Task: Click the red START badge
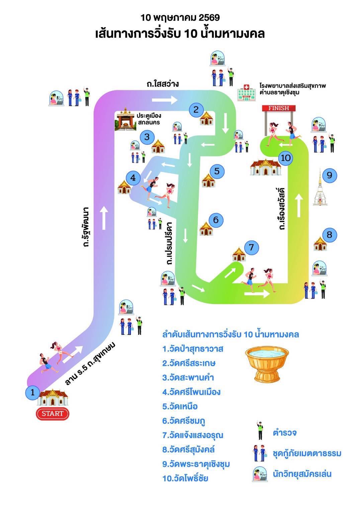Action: [x=52, y=413]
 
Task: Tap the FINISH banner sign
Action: [x=279, y=108]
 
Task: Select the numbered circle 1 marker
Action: [x=32, y=392]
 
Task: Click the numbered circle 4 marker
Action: [x=133, y=178]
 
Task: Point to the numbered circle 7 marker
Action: [x=252, y=247]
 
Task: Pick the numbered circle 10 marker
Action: [x=286, y=158]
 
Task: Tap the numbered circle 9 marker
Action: [x=329, y=175]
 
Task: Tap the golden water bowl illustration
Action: [x=267, y=364]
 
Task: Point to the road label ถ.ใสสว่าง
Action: [x=163, y=84]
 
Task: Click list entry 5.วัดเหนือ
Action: [x=180, y=406]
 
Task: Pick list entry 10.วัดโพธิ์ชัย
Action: [x=185, y=478]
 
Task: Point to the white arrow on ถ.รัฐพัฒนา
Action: [x=104, y=217]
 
